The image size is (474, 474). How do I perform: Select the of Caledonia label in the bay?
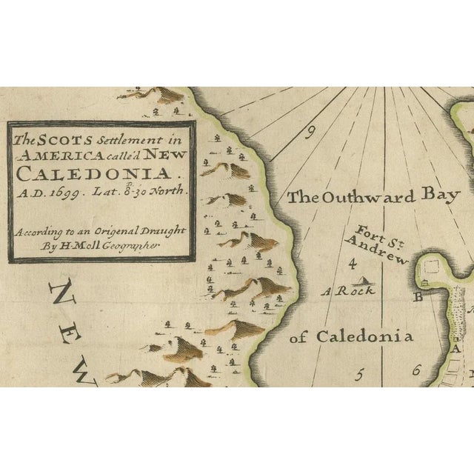point(350,337)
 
